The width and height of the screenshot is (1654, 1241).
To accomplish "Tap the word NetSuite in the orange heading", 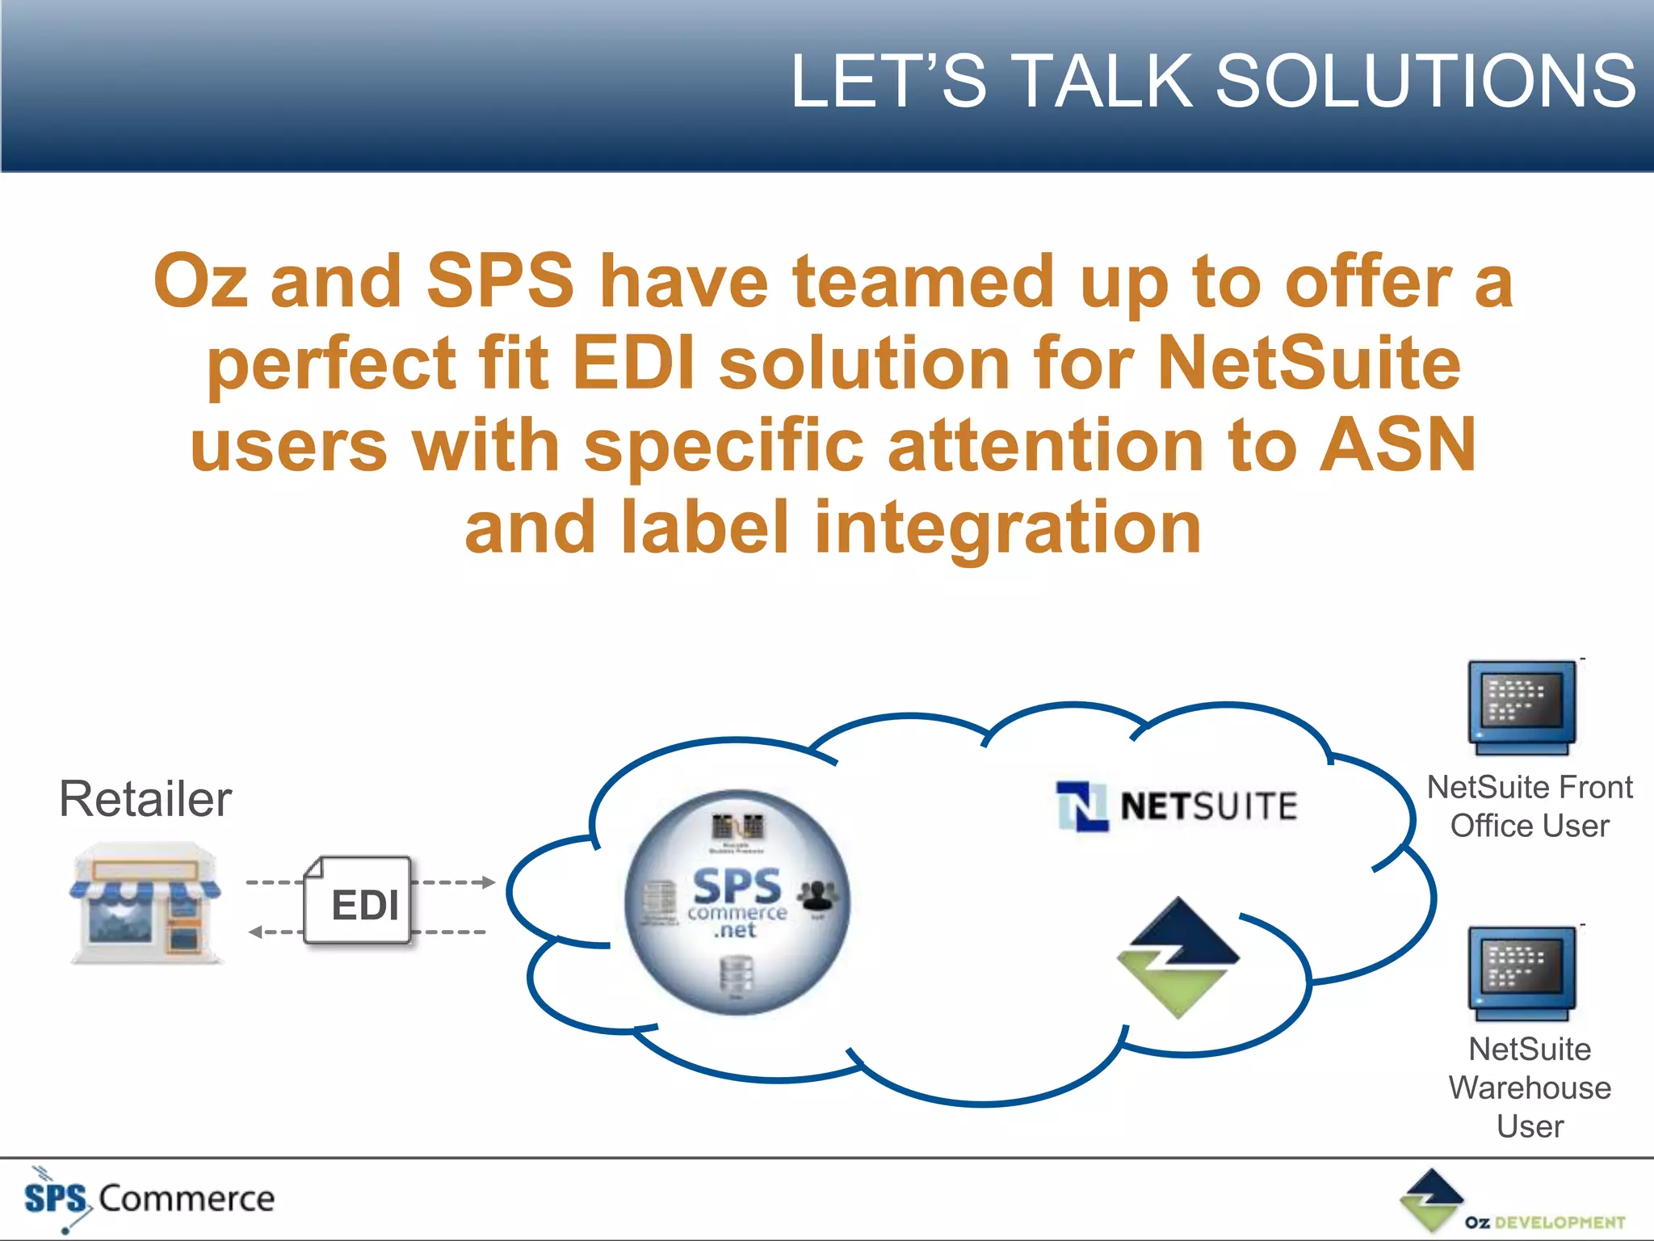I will pyautogui.click(x=1308, y=364).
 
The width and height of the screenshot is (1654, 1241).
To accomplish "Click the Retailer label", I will pyautogui.click(x=145, y=799).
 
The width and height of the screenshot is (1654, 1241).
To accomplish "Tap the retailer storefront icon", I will pyautogui.click(x=145, y=903).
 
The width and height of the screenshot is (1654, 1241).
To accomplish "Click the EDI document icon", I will pyautogui.click(x=359, y=901).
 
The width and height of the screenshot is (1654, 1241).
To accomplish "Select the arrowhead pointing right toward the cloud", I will pyautogui.click(x=488, y=882).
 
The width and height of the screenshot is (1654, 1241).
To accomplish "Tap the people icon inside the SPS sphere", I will pyautogui.click(x=817, y=894).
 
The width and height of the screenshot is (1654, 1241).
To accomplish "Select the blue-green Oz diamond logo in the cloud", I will pyautogui.click(x=1178, y=957).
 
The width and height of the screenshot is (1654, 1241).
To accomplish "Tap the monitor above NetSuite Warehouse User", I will pyautogui.click(x=1522, y=973).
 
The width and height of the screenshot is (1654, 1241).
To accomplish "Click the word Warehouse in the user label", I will pyautogui.click(x=1529, y=1087).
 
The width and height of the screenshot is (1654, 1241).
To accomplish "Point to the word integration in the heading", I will pyautogui.click(x=1007, y=528).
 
